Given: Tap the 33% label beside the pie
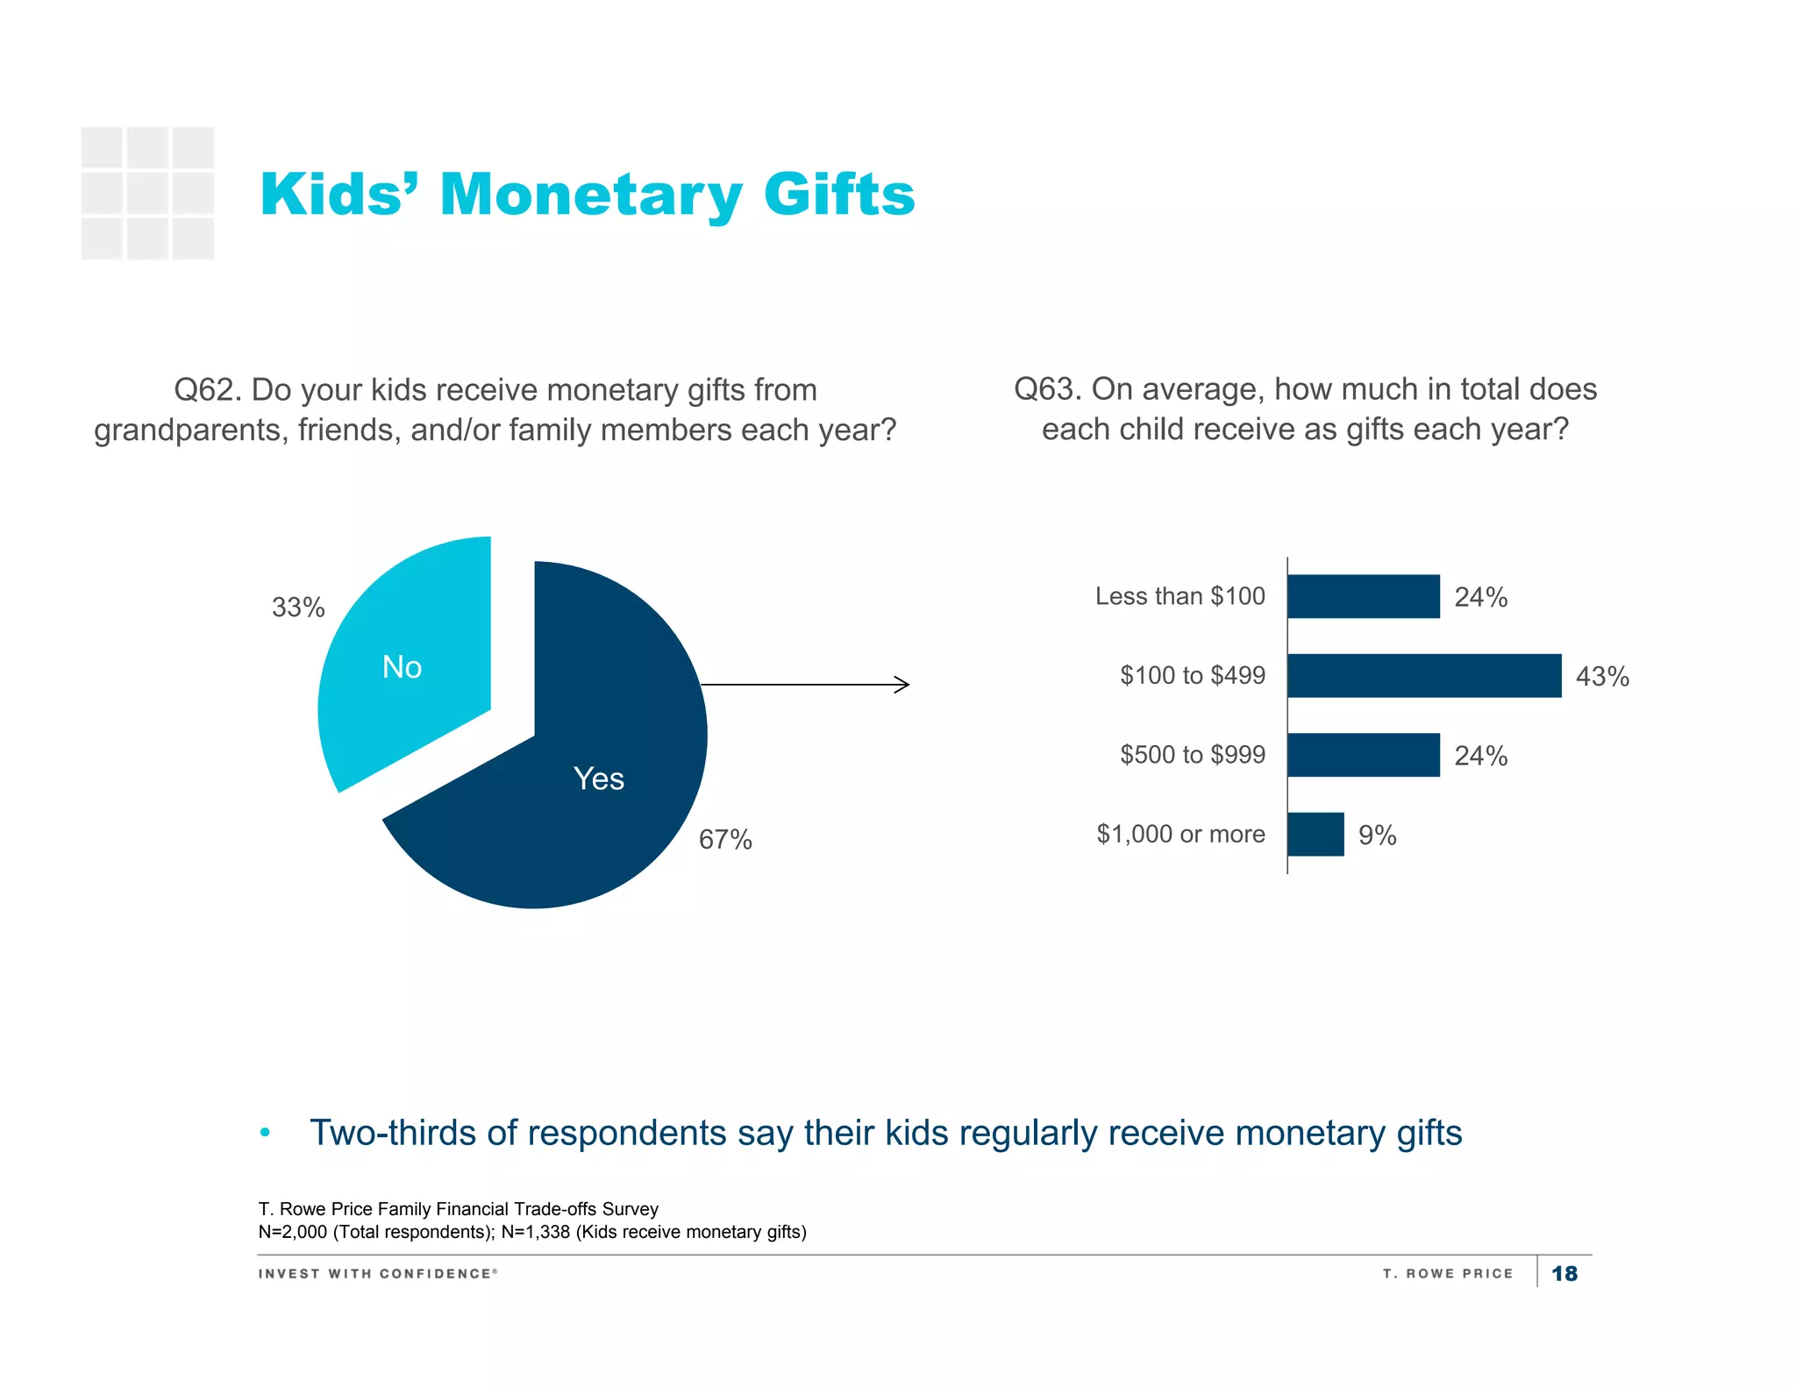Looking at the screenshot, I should [x=298, y=607].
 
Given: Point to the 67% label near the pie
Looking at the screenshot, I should [x=725, y=839].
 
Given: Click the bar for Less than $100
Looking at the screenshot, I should [x=1363, y=596].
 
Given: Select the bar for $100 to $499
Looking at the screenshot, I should [x=1423, y=675].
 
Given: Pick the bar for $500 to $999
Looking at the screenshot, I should [x=1363, y=755].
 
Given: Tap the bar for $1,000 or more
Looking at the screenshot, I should [x=1315, y=834].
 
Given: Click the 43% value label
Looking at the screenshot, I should [x=1602, y=676].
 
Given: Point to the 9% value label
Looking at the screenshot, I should [x=1377, y=835].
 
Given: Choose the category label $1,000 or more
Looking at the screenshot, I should [x=1180, y=834].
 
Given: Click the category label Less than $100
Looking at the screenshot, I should [x=1180, y=596].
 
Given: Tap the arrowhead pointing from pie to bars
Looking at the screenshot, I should [x=903, y=685].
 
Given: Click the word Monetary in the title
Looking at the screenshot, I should [x=591, y=195].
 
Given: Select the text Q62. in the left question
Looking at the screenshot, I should [x=208, y=390].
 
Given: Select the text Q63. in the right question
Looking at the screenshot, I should [x=1048, y=389].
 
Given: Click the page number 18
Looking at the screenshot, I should [x=1564, y=1273].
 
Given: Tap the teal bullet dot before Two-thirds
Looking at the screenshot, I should [x=265, y=1133].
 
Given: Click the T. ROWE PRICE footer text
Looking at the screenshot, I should [x=1448, y=1273].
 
